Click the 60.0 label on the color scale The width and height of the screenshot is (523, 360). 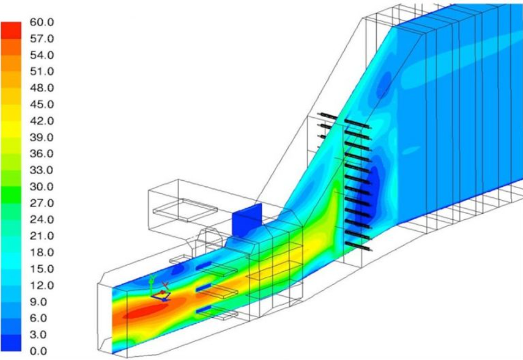[42, 22]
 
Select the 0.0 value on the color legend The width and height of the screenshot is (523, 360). [38, 351]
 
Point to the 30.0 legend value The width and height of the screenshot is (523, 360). [42, 187]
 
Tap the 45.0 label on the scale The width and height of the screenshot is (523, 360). [42, 105]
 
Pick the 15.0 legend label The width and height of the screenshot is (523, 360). [42, 269]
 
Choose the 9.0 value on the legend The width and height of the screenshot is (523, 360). [38, 302]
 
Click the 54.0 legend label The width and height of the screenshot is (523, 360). [42, 55]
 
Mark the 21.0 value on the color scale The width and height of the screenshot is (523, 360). [42, 236]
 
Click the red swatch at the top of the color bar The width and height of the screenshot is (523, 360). [11, 30]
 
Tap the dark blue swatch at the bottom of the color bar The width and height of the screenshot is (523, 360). [11, 342]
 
